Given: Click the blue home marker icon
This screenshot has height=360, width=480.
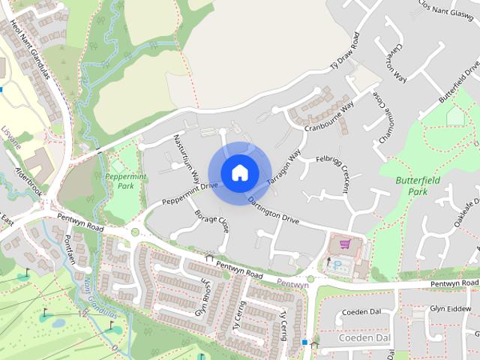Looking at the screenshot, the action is (239, 172).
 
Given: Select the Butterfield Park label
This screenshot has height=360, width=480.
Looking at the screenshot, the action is (415, 186).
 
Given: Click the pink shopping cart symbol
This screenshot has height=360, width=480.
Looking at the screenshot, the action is (345, 244).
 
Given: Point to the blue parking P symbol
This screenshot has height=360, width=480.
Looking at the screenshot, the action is (337, 265).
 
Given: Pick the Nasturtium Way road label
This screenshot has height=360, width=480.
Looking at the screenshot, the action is (186, 157).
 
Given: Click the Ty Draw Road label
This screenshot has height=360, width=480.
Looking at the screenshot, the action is (346, 52).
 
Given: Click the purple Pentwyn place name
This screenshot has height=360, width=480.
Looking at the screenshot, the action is (292, 285).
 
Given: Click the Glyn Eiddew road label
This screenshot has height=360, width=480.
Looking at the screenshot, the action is (449, 308).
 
